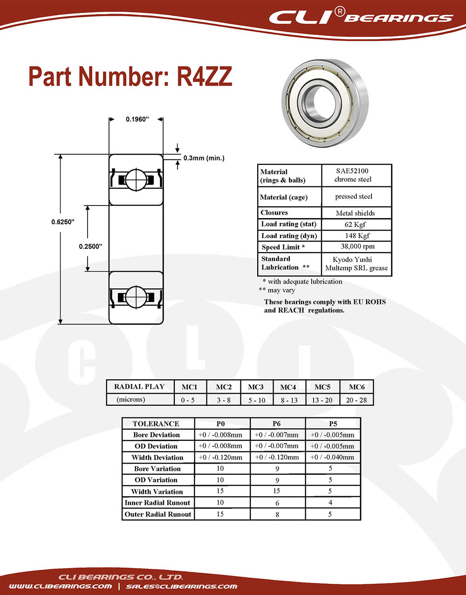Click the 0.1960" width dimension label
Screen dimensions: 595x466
pos(137,119)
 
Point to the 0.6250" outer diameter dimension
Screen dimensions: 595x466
pos(63,222)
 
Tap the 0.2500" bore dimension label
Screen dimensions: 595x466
pos(90,246)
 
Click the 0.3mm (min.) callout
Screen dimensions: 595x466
pos(204,158)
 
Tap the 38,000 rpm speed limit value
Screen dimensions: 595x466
pos(357,246)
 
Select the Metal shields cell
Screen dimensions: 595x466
pos(355,213)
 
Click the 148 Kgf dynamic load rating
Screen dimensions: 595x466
pos(357,235)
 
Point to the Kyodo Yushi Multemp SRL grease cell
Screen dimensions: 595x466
pos(356,264)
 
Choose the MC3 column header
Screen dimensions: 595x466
pos(256,387)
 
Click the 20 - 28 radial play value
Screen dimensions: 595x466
pos(356,400)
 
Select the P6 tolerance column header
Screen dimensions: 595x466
pos(277,424)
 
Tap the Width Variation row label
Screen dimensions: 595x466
pos(157,492)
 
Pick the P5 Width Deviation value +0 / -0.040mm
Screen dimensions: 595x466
pos(332,457)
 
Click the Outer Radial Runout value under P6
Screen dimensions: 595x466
pos(277,514)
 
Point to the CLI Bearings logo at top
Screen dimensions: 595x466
pos(361,18)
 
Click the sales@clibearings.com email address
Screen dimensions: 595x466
pos(182,586)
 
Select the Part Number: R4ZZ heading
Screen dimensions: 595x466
pos(130,77)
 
